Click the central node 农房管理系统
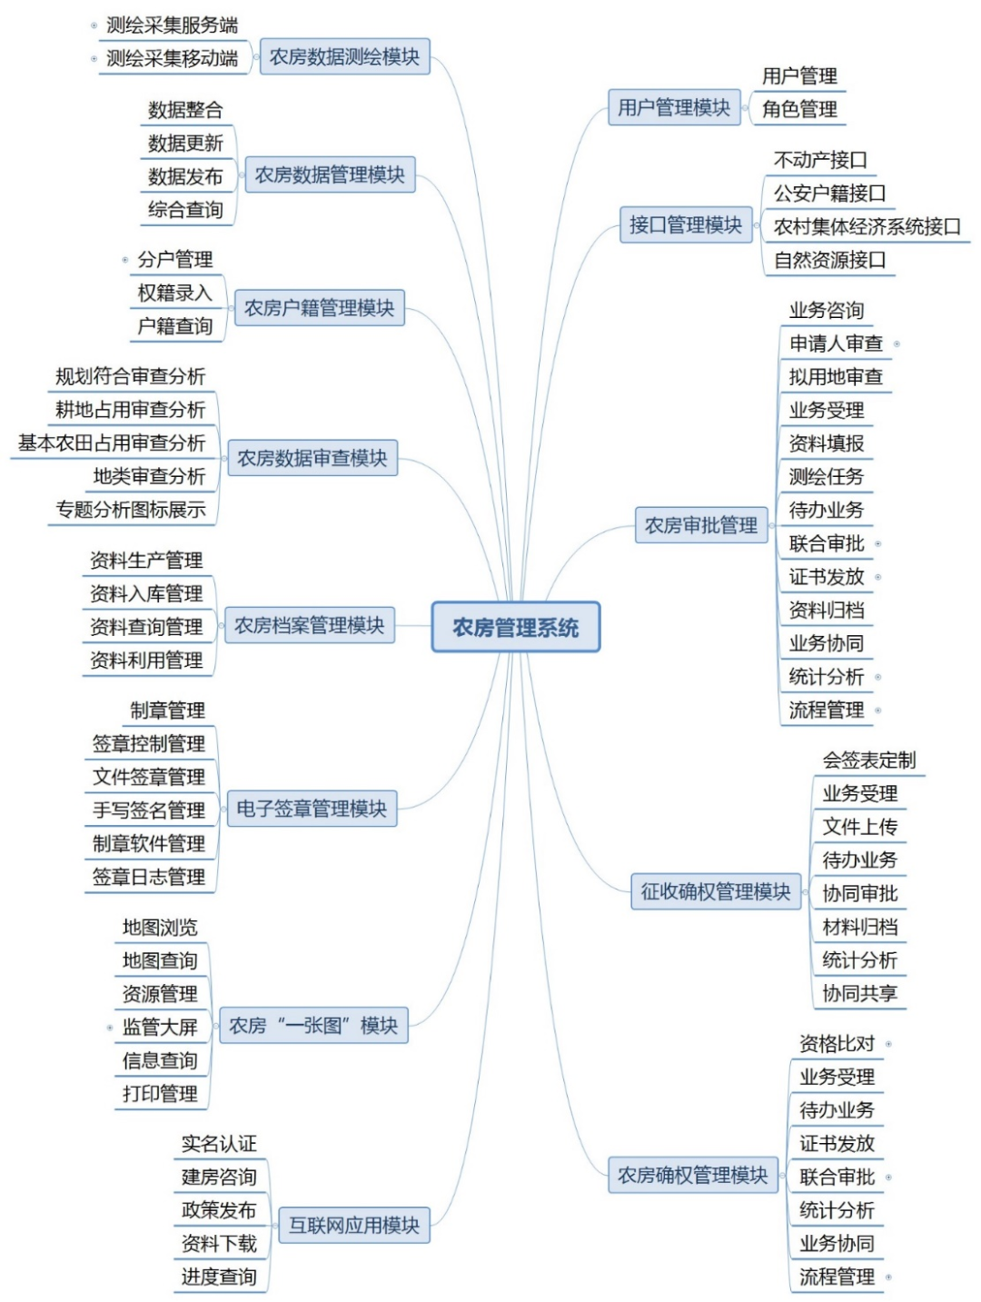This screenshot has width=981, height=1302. [x=515, y=627]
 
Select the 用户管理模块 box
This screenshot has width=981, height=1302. [x=673, y=107]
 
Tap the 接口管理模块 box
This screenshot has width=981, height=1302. [x=686, y=224]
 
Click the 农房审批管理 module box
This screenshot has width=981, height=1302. [x=700, y=525]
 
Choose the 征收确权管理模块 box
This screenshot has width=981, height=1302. [x=715, y=891]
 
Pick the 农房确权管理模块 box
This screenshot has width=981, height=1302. [x=692, y=1175]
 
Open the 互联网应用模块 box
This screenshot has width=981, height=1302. [x=353, y=1225]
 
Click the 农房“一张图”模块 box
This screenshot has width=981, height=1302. [x=313, y=1026]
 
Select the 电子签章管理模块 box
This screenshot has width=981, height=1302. [x=312, y=809]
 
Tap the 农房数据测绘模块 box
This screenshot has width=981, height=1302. [x=344, y=56]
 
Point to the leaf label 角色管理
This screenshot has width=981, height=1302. [x=799, y=109]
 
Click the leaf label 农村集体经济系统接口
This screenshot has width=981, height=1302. [x=867, y=226]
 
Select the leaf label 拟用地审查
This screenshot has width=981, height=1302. [x=836, y=376]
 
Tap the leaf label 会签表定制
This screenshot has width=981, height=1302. [x=869, y=760]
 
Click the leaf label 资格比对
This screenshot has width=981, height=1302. [x=837, y=1043]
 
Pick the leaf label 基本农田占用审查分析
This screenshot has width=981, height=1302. [x=112, y=442]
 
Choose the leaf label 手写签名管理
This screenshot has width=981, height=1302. [x=149, y=810]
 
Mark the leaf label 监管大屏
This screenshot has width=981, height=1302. [x=160, y=1027]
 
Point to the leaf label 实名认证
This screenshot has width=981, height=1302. [x=219, y=1143]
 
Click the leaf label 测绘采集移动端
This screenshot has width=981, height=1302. [x=173, y=58]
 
